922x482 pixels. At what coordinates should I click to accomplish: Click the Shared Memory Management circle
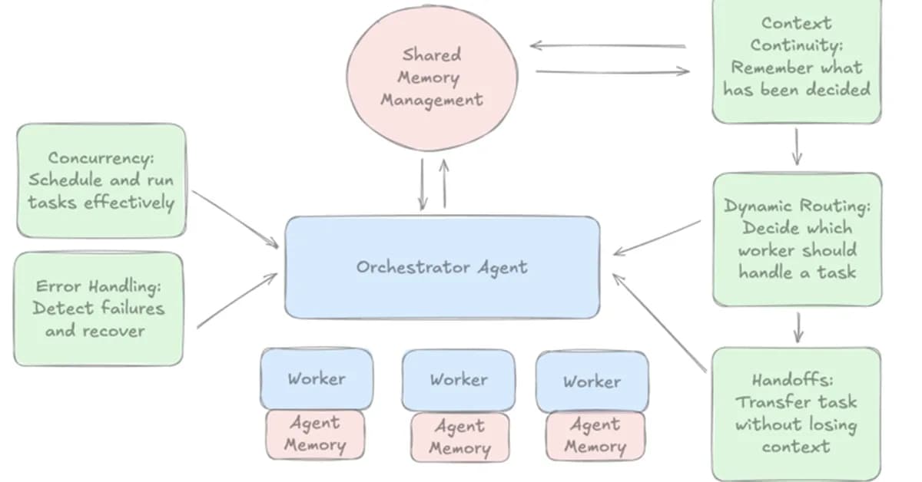coord(431,77)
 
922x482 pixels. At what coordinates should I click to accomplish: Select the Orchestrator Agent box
coord(442,267)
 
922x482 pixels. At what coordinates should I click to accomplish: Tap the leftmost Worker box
coord(317,379)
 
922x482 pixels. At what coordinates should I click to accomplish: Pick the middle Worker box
coord(458,380)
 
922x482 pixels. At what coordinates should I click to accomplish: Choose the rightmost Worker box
coord(592,381)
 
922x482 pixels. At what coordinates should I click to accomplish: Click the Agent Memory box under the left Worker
coord(315,434)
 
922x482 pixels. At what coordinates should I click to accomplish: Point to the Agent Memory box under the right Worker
coord(595,436)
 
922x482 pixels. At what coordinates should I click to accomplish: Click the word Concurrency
coord(101,158)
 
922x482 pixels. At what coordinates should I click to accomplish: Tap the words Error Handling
coord(99,286)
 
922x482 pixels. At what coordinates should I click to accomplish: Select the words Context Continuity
coord(796,34)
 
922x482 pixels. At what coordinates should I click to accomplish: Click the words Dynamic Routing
coord(796,206)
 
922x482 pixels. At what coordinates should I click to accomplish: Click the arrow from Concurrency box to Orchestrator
coord(235,219)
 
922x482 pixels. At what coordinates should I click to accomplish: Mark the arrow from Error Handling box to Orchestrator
coord(237,301)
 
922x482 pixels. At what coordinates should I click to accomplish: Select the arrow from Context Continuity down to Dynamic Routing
coord(797,146)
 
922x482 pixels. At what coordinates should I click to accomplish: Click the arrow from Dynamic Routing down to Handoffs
coord(798,326)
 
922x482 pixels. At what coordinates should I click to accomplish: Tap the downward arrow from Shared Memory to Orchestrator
coord(422,184)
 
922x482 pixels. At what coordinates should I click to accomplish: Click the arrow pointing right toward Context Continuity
coord(612,72)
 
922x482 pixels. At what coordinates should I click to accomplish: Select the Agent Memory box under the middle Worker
coord(459,437)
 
